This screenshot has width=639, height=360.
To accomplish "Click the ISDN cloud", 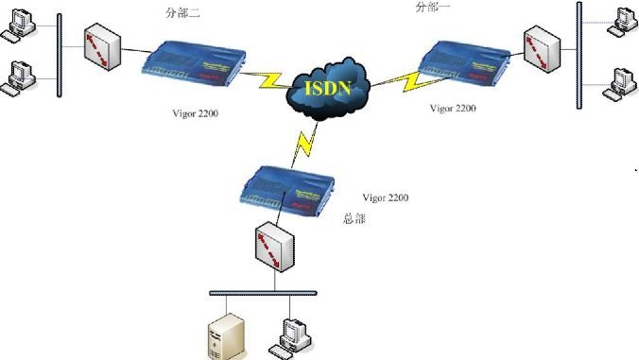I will tap(327, 87).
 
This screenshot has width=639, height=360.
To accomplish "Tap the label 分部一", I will tap(434, 8).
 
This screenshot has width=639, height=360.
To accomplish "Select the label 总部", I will tap(354, 218).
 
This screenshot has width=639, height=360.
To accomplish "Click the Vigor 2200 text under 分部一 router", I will tap(453, 109).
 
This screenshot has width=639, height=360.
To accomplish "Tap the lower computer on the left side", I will tap(19, 74).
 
